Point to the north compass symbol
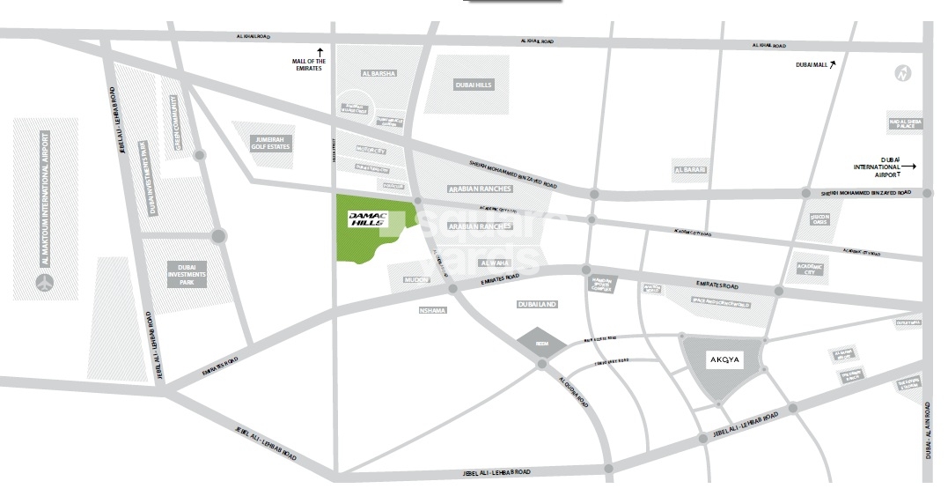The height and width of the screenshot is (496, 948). (x=902, y=73)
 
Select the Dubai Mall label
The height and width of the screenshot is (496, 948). (x=808, y=65)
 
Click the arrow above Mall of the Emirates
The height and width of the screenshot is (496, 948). (x=320, y=52)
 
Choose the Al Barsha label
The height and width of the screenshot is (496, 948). (x=377, y=73)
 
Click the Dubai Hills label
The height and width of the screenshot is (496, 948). (x=474, y=85)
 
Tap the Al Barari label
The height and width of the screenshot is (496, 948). (x=689, y=170)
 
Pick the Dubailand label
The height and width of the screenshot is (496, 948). (x=539, y=304)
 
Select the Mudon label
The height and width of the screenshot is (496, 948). (x=416, y=279)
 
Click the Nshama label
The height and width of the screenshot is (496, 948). (x=433, y=310)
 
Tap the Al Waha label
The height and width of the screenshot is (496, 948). (x=495, y=263)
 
